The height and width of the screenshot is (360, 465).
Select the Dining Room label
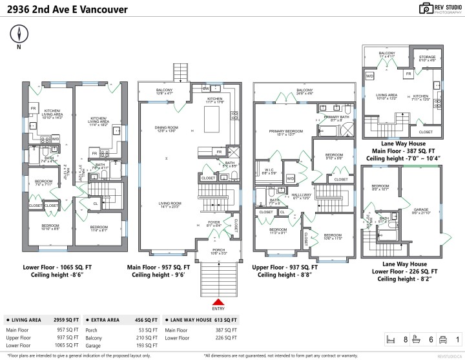coord(166,129)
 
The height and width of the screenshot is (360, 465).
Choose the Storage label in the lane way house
coord(427,56)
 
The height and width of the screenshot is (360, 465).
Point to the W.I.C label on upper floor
coord(269,170)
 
